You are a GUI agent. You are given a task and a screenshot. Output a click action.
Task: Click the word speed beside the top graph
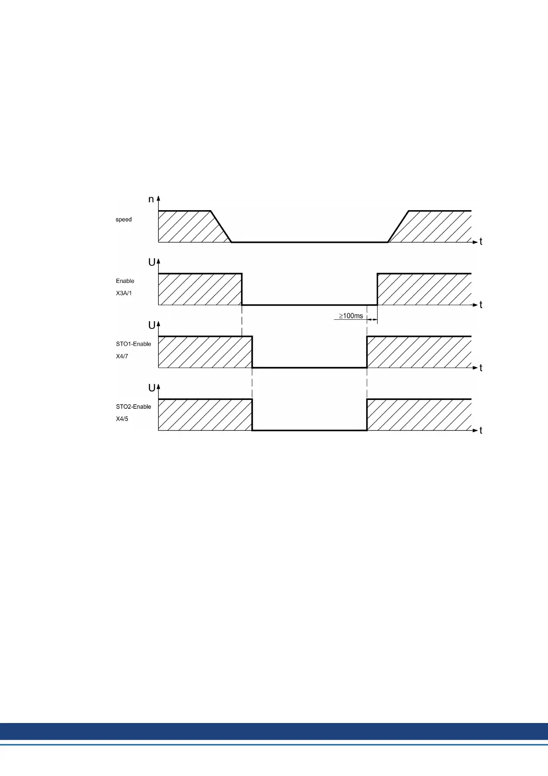123,219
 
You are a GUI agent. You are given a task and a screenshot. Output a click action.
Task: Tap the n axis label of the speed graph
151,200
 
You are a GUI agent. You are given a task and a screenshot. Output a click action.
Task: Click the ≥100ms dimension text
351,316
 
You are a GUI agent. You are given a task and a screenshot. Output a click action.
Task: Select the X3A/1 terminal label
124,293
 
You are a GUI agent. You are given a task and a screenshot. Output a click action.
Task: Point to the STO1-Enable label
133,344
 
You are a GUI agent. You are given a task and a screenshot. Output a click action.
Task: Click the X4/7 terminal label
122,356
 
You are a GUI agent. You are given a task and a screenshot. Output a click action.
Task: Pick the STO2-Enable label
133,406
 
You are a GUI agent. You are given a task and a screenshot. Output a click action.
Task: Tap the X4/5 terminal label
122,419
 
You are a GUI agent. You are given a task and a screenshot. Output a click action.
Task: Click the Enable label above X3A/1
125,281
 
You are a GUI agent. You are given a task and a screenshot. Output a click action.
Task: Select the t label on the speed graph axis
481,242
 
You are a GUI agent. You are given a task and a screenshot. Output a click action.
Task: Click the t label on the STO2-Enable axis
481,430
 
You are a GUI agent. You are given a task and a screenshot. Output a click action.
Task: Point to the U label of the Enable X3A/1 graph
151,262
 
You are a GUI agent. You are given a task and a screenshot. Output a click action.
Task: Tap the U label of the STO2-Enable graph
151,388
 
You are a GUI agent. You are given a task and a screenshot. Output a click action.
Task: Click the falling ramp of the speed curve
221,227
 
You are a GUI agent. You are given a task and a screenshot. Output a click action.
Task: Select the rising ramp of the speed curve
398,227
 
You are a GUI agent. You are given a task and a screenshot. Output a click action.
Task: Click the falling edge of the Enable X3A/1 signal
242,289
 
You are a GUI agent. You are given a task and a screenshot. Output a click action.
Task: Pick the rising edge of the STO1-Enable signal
367,352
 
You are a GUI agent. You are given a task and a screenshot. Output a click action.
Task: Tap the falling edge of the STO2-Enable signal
252,415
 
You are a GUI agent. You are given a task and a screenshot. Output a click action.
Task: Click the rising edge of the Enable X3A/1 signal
377,289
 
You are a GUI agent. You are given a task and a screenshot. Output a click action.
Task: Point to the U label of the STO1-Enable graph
151,325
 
